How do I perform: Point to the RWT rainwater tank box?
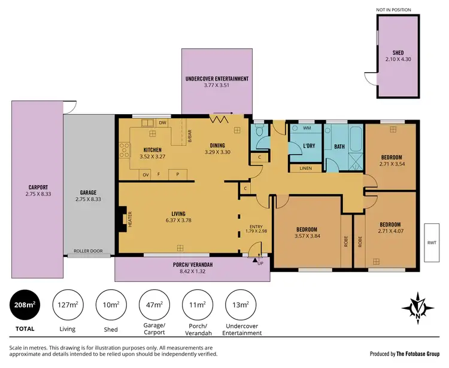(432, 243)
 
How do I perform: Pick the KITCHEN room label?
(152, 149)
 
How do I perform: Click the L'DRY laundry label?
(310, 146)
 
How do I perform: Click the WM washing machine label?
(307, 128)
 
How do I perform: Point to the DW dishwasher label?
(162, 123)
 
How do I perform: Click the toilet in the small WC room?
(259, 134)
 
